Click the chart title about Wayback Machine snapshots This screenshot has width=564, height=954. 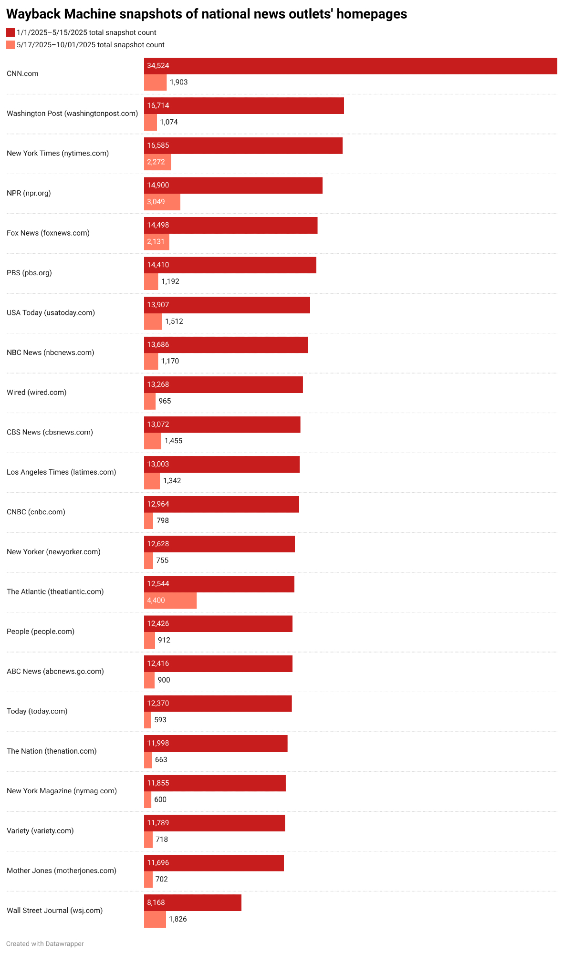(207, 14)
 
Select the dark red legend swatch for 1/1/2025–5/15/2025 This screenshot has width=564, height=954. (10, 32)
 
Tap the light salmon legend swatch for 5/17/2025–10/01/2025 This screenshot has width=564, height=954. (10, 45)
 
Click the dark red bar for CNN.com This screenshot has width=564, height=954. (351, 66)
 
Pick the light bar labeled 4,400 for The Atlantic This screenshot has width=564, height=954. (170, 600)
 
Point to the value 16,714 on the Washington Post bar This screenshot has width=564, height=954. (158, 105)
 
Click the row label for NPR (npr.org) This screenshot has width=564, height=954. (29, 193)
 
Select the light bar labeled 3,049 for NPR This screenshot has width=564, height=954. (162, 202)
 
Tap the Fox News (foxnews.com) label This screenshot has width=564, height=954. (48, 233)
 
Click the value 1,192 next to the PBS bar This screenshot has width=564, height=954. (170, 281)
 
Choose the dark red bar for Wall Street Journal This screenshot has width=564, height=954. (193, 902)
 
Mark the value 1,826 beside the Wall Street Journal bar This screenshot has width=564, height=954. (178, 919)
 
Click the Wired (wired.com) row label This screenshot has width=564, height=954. (37, 392)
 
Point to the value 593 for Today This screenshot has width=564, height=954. (160, 720)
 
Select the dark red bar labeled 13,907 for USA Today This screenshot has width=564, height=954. (227, 305)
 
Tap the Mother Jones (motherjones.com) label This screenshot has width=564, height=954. (62, 871)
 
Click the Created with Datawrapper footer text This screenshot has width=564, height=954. (45, 944)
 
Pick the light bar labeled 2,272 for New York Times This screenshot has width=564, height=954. (157, 162)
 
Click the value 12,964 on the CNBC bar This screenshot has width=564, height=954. (158, 504)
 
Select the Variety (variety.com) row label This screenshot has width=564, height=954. (40, 830)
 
